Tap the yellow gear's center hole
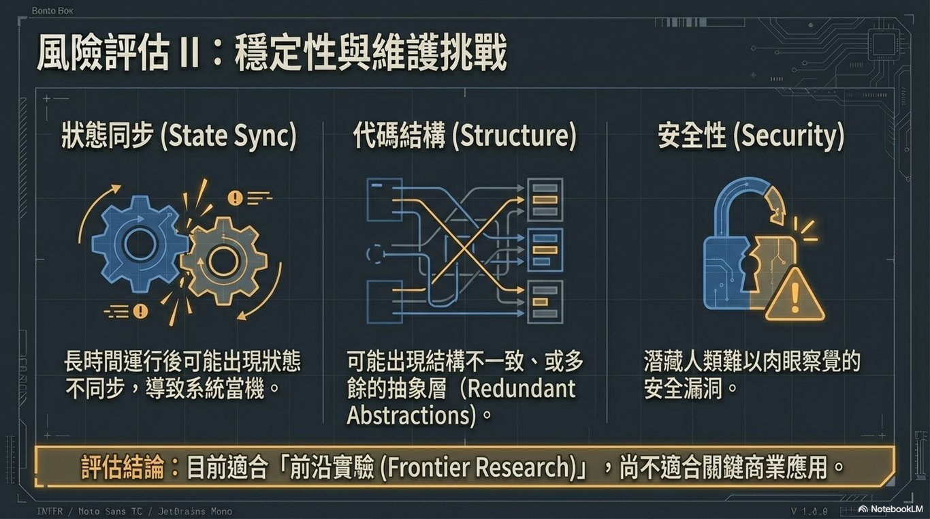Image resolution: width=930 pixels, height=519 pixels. point(223,261)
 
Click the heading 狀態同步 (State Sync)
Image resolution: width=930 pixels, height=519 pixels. point(179,136)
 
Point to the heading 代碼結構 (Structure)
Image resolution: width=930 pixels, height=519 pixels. point(464,136)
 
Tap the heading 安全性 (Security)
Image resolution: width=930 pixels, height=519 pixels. point(750,136)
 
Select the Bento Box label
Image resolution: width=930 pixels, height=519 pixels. point(52,11)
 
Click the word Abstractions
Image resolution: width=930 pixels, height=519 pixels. point(411,415)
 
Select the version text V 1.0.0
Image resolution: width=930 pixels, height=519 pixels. point(809,511)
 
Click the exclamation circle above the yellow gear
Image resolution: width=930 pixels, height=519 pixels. point(236,198)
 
